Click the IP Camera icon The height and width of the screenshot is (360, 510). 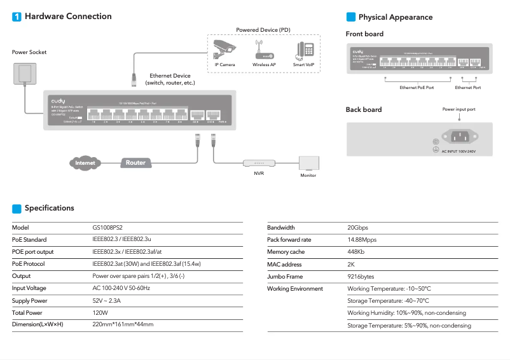point(224,49)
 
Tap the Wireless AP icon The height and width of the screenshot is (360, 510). point(263,50)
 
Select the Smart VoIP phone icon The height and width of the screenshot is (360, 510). point(303,50)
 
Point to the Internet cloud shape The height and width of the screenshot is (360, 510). point(85,163)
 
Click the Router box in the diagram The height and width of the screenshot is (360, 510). point(135,163)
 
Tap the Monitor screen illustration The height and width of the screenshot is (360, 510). point(308,163)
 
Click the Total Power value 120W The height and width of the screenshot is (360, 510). point(100,313)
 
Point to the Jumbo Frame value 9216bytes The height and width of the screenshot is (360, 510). point(361,277)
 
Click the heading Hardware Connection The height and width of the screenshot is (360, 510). point(68,17)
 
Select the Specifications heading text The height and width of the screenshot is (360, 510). point(50,208)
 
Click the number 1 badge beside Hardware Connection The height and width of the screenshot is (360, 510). point(17,17)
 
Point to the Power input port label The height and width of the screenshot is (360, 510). point(458,109)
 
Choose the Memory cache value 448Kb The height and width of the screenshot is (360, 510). point(357,252)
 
